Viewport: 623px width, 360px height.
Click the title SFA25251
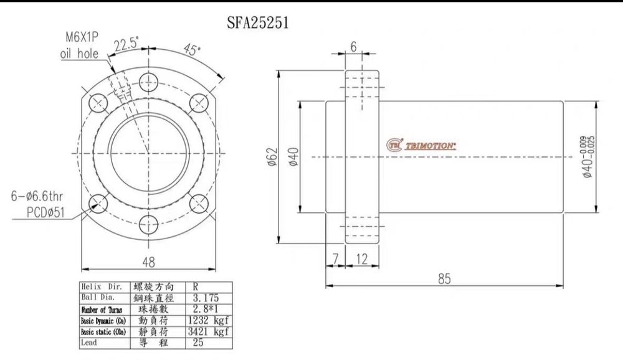(257, 23)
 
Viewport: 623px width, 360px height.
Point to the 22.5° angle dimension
(126, 45)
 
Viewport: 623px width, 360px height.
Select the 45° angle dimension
(193, 50)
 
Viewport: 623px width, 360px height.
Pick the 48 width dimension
(148, 262)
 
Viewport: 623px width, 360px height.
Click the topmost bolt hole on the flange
(148, 80)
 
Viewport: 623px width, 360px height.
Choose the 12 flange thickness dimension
(361, 258)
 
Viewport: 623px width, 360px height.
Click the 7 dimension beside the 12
(335, 258)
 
